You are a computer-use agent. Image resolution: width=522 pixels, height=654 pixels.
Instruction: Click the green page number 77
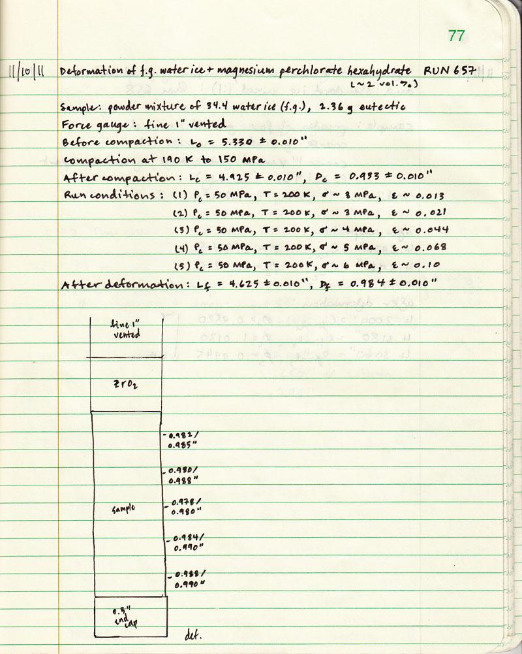pos(456,35)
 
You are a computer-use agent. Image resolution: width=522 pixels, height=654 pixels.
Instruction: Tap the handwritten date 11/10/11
pos(27,71)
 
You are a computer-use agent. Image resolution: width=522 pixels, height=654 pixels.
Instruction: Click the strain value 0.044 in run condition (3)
pos(433,230)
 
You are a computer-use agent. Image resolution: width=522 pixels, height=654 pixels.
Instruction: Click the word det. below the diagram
pos(192,635)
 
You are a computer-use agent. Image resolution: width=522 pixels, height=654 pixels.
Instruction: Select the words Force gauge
pos(88,124)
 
